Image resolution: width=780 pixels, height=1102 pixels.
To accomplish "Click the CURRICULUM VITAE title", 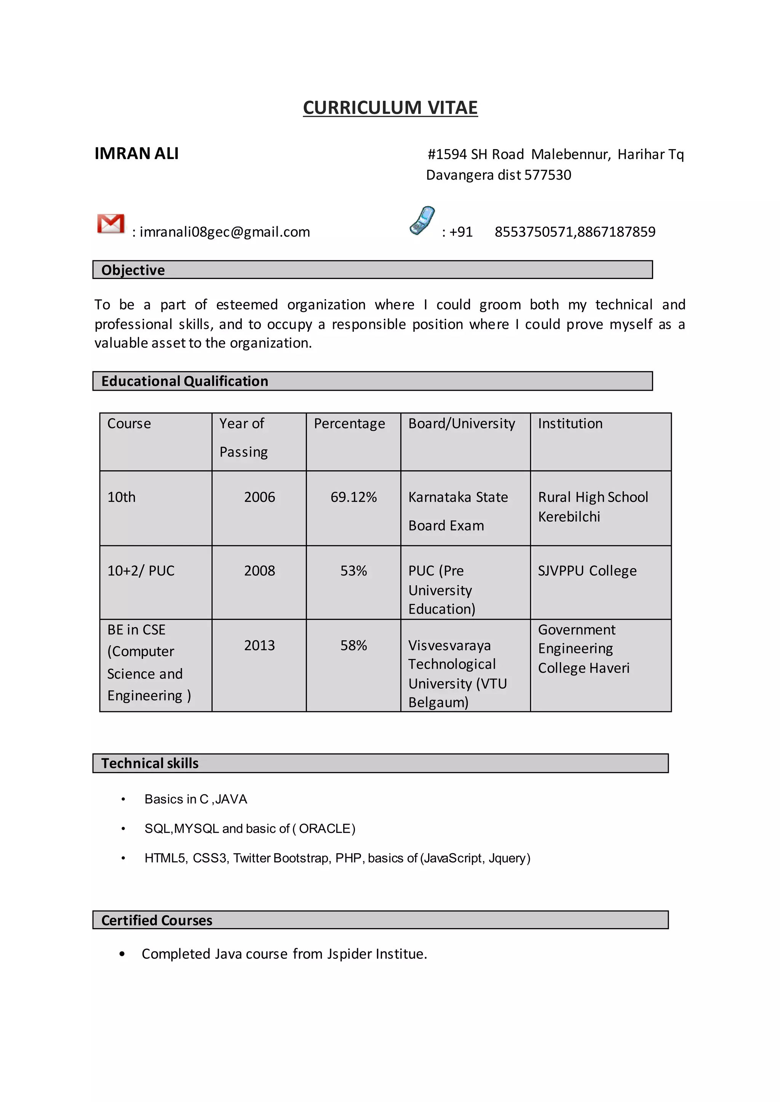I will [x=390, y=108].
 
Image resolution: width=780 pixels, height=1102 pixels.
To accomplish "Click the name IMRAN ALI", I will [x=136, y=154].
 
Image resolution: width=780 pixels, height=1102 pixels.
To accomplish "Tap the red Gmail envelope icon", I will [x=110, y=224].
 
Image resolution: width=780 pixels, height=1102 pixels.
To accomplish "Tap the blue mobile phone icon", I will [x=422, y=221].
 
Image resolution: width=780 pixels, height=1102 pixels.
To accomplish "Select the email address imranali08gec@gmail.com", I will [x=225, y=232].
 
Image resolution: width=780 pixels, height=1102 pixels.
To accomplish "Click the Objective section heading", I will [x=133, y=270].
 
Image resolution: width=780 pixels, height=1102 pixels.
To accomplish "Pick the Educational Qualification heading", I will [x=184, y=381].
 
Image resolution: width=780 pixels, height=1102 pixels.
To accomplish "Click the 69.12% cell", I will [x=353, y=497].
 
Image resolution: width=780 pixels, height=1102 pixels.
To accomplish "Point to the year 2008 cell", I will [x=259, y=571].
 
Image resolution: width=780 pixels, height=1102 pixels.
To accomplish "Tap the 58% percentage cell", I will [x=353, y=645].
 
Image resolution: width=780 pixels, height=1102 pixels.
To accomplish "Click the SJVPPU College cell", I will [x=587, y=571].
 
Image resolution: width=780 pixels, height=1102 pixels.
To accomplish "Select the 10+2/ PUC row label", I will [x=141, y=571].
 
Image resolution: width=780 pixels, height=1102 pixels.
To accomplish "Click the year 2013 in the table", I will [x=259, y=645].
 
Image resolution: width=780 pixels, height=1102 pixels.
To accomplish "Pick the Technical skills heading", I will [x=150, y=763].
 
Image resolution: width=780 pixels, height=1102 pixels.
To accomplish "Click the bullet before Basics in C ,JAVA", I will [x=123, y=799].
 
